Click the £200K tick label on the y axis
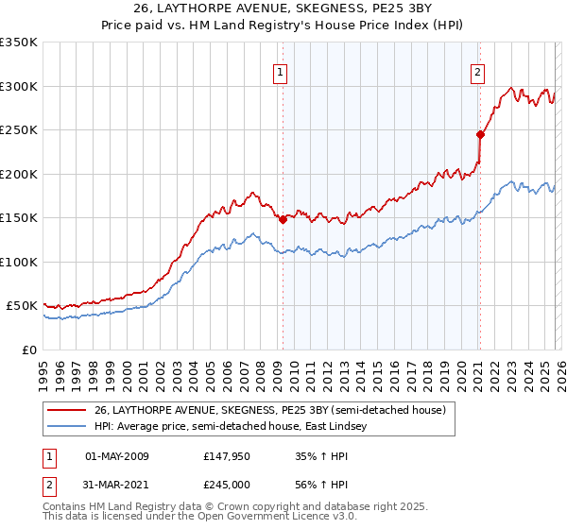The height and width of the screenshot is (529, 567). click(19, 174)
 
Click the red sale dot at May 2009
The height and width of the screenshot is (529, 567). click(283, 219)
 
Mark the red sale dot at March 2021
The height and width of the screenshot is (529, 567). click(480, 134)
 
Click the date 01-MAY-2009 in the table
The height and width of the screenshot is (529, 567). click(117, 456)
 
